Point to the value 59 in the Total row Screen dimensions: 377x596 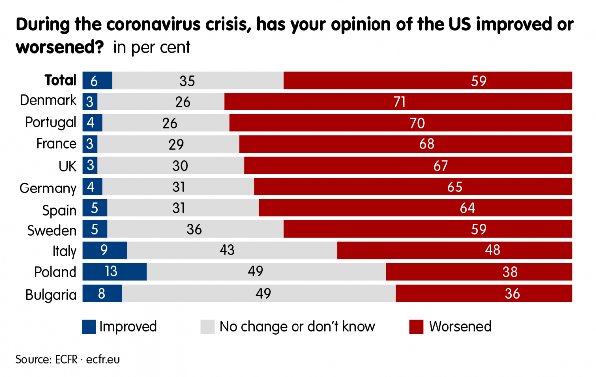[x=478, y=81]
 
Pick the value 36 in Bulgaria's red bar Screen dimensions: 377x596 [x=512, y=293]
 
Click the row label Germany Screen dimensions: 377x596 [x=48, y=188]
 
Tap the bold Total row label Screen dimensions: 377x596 [x=61, y=80]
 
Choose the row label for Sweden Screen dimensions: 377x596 [x=52, y=231]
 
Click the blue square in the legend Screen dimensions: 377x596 [x=89, y=327]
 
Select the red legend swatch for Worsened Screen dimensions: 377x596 [x=416, y=327]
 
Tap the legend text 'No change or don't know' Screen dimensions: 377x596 [x=297, y=327]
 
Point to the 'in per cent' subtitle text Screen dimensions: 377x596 [x=152, y=48]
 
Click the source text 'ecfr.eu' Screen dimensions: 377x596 [x=102, y=359]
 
